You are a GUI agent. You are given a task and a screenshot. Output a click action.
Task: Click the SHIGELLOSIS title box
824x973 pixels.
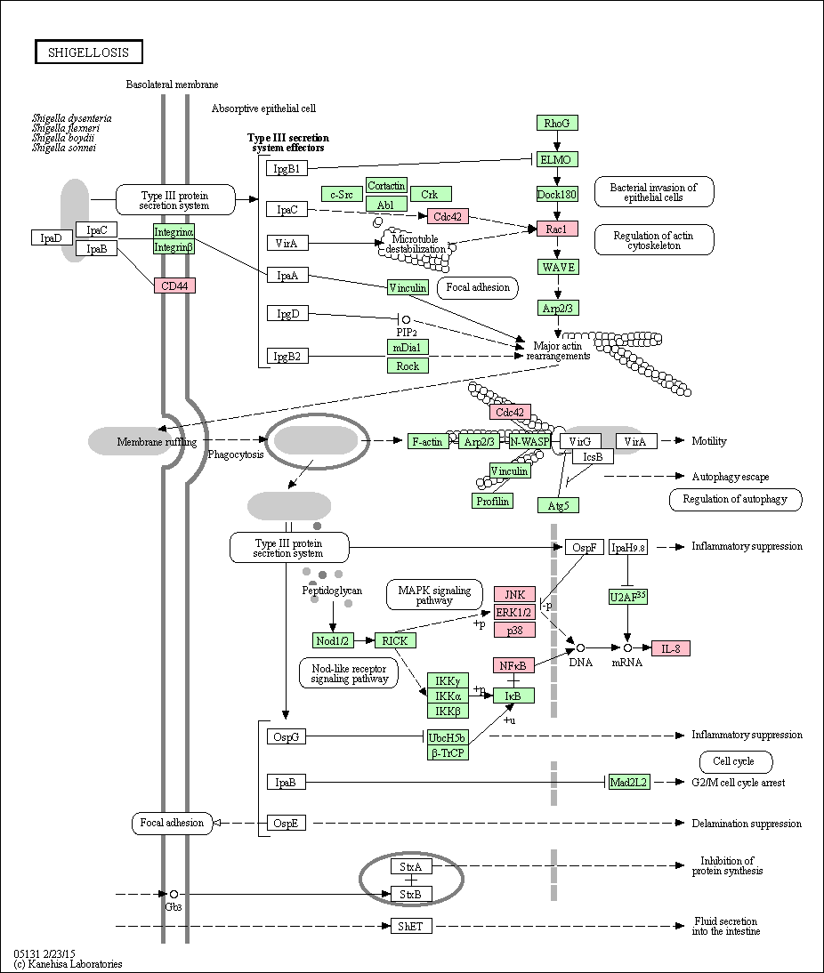point(88,52)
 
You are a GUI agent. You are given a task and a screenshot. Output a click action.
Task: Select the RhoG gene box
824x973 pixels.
point(556,123)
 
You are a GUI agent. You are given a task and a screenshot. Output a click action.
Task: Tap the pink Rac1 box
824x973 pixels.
point(556,229)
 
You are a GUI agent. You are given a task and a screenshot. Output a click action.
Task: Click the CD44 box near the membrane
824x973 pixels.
point(174,285)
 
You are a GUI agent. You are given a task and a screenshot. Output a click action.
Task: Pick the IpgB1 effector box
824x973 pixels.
point(287,168)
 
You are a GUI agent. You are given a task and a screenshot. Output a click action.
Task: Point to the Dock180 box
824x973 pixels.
point(556,194)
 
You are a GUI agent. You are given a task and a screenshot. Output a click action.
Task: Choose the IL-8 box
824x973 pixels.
point(671,648)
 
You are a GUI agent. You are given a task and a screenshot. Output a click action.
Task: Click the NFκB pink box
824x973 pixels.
point(513,665)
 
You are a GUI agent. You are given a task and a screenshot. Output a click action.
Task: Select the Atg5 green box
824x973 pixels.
point(558,505)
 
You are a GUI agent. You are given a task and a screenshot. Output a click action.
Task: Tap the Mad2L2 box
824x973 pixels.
point(628,782)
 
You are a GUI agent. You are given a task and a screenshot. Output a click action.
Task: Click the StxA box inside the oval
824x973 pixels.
point(411,867)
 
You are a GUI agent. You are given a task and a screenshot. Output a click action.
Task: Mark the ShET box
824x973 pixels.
point(411,926)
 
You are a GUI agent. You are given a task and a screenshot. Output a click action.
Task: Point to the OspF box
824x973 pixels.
point(585,547)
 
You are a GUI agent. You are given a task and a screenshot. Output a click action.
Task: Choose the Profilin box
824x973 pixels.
point(492,501)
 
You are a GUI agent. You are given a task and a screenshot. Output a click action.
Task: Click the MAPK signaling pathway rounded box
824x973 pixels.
point(434,595)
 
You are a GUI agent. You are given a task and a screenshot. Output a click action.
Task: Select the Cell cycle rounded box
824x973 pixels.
point(735,761)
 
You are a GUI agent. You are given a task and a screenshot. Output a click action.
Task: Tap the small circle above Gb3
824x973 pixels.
point(174,894)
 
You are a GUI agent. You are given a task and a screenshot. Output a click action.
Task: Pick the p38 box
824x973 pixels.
point(514,629)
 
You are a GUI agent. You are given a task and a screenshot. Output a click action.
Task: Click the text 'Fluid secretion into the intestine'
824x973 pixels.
point(726,926)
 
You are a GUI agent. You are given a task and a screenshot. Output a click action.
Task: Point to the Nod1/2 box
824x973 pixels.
point(333,640)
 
